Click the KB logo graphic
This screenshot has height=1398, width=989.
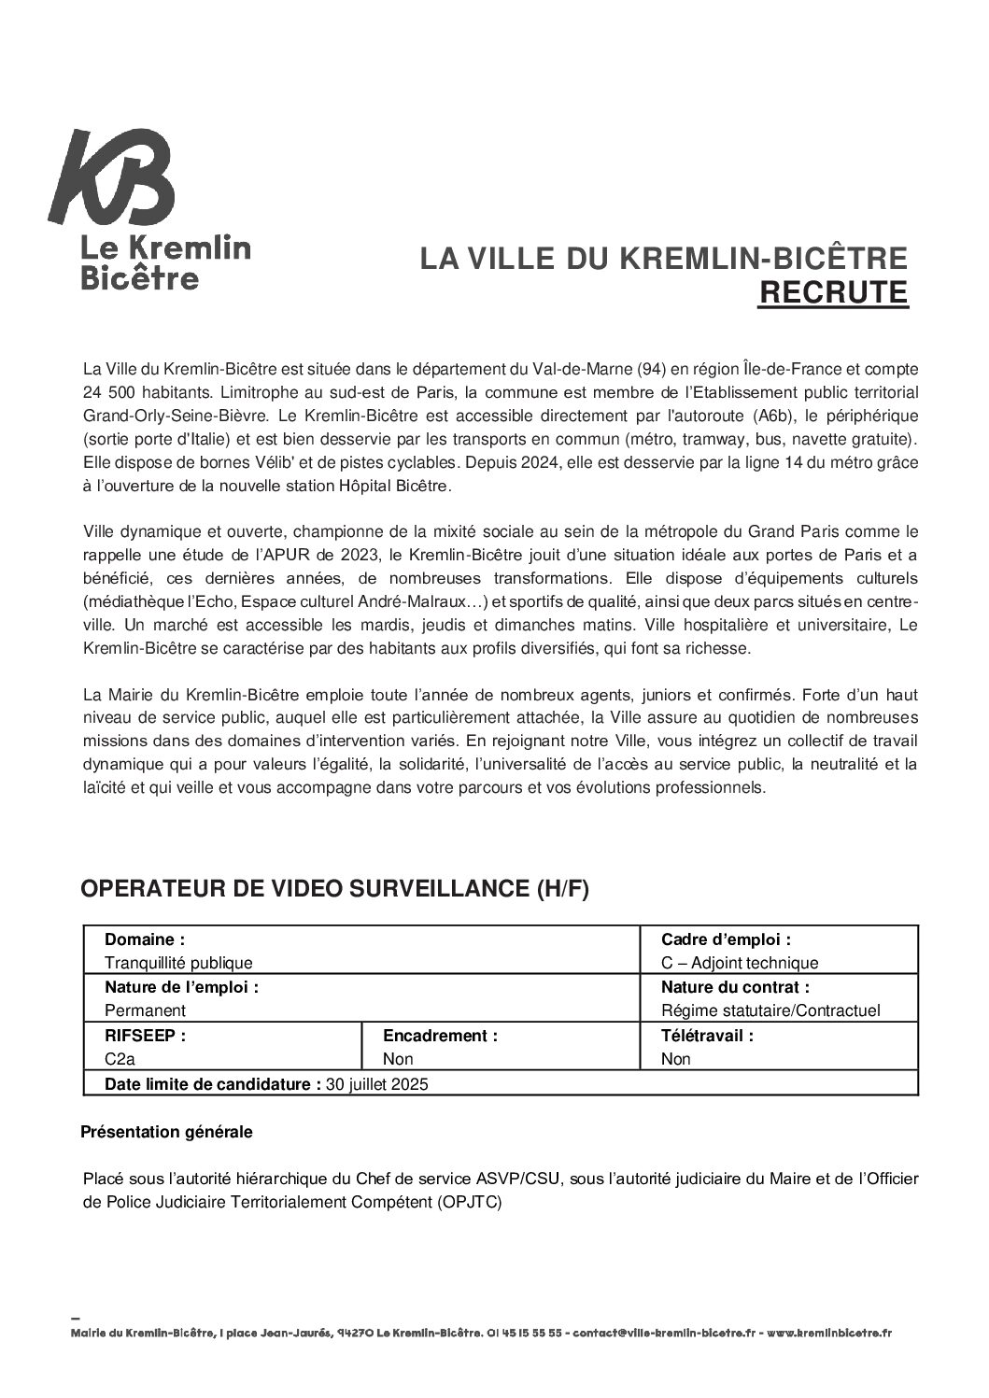coord(112,177)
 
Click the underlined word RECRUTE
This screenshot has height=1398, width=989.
coord(832,292)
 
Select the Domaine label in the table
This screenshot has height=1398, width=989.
coord(145,939)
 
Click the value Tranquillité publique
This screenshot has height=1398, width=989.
coord(178,963)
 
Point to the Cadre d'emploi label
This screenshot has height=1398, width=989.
coord(726,939)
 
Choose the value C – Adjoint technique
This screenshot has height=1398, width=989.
coord(739,963)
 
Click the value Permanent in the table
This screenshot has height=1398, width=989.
coord(145,1010)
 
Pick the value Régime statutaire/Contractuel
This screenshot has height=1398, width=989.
coord(770,1010)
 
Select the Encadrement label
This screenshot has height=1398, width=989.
coord(440,1036)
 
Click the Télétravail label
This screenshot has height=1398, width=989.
coord(707,1036)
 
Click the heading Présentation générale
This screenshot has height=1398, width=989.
coord(166,1132)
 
